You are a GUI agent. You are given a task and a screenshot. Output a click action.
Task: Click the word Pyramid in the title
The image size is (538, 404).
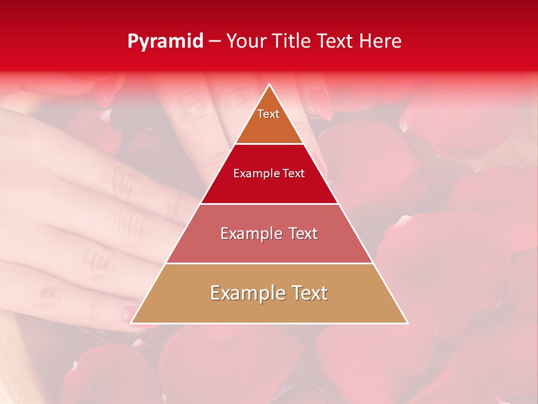165,42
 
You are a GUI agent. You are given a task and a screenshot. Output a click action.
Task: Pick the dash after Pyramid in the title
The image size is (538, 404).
214,42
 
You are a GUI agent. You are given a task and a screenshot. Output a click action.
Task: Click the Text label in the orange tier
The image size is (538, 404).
268,114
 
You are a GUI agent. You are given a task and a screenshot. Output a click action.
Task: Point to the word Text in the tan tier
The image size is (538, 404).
308,293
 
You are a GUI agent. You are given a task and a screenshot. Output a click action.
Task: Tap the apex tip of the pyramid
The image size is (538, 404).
270,85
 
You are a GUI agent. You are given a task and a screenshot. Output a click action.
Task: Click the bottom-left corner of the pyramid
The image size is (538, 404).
132,323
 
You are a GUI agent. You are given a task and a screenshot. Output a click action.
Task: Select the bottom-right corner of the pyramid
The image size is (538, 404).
407,323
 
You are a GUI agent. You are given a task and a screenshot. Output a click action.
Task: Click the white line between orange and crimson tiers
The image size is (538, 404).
269,144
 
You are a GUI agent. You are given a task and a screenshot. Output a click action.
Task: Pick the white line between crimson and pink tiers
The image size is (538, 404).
269,204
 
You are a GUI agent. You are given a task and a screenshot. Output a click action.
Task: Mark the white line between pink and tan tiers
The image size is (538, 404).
269,263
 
